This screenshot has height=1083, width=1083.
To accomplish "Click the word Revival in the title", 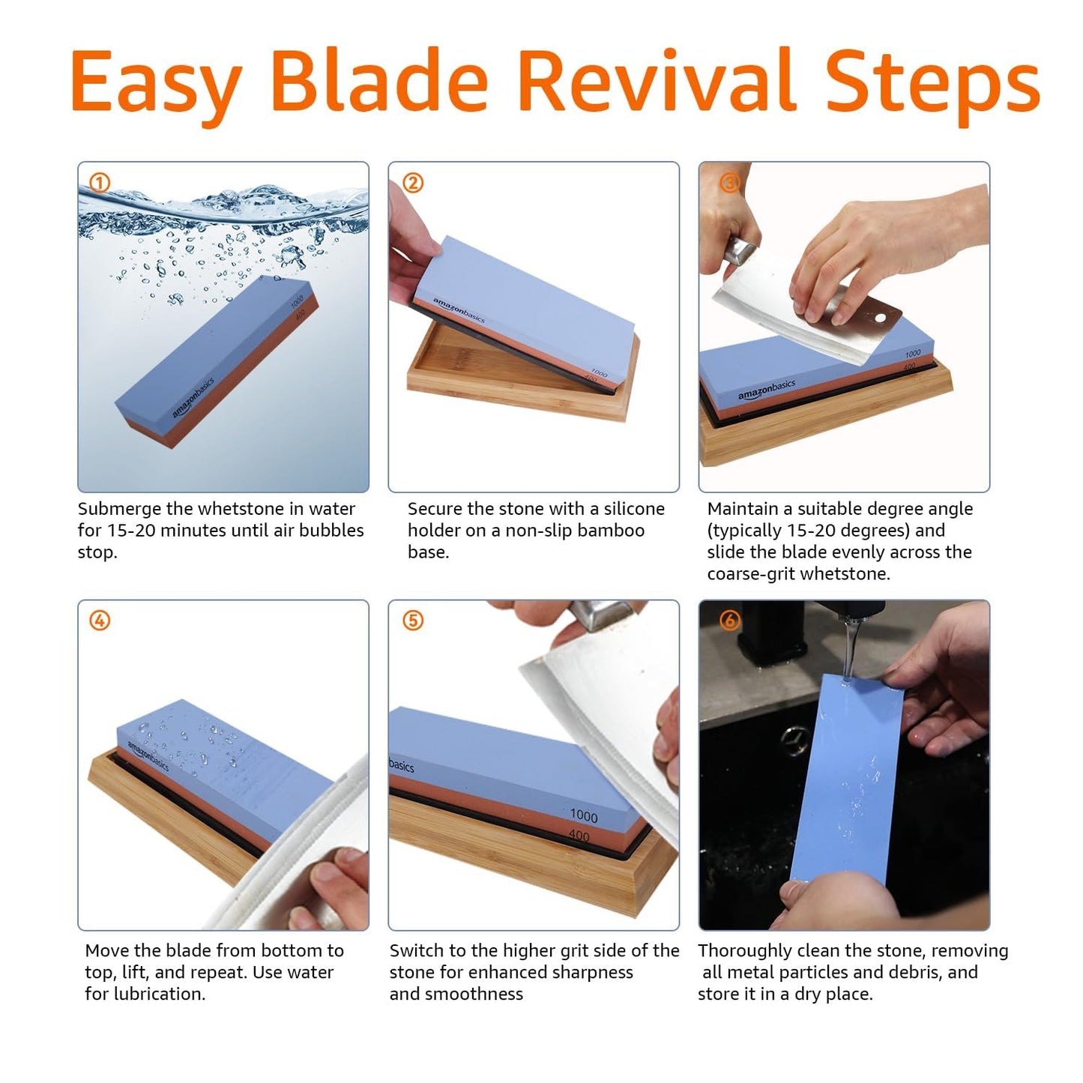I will [x=657, y=80].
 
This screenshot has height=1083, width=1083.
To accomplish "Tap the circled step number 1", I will [x=100, y=183].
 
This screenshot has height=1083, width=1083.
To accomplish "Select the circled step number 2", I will [x=413, y=183].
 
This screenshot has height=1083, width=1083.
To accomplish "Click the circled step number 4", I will [x=100, y=621].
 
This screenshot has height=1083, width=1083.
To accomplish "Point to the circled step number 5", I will [x=413, y=621].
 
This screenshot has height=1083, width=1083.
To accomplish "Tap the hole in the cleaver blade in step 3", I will [x=880, y=319].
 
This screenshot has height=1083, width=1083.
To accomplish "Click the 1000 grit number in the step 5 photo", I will [x=583, y=815].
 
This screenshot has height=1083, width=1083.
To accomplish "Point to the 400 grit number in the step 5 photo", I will [x=579, y=835].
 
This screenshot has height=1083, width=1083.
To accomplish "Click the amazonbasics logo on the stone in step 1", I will [x=193, y=397].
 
